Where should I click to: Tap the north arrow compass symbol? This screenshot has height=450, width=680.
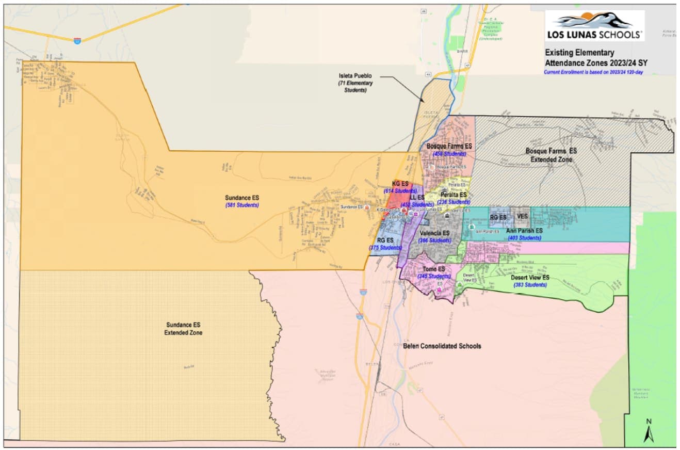point(648,431)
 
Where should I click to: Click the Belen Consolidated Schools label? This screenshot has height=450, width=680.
point(442,346)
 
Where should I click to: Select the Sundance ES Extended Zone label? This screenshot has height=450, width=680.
point(183,329)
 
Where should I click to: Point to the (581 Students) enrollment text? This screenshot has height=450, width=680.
point(242,205)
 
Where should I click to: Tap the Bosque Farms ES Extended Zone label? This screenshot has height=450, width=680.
point(551,156)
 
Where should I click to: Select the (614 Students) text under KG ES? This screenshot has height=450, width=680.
point(400,191)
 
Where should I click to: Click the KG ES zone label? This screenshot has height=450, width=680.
point(400,184)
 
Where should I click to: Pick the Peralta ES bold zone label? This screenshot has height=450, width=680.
point(454,195)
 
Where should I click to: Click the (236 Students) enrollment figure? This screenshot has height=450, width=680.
point(454,202)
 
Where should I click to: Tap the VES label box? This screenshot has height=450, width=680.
point(522,217)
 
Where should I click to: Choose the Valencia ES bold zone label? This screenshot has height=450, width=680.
point(435,233)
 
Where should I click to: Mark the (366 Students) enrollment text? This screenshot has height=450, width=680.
point(435,240)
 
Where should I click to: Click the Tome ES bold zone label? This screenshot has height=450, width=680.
point(434,269)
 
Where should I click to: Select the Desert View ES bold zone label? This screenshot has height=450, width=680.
point(530,278)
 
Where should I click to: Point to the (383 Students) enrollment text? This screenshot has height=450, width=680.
point(530,285)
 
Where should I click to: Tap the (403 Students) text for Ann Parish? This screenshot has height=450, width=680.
point(524,238)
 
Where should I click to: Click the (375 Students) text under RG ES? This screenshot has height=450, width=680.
point(385,248)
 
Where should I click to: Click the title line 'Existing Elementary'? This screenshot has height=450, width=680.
point(579,53)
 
